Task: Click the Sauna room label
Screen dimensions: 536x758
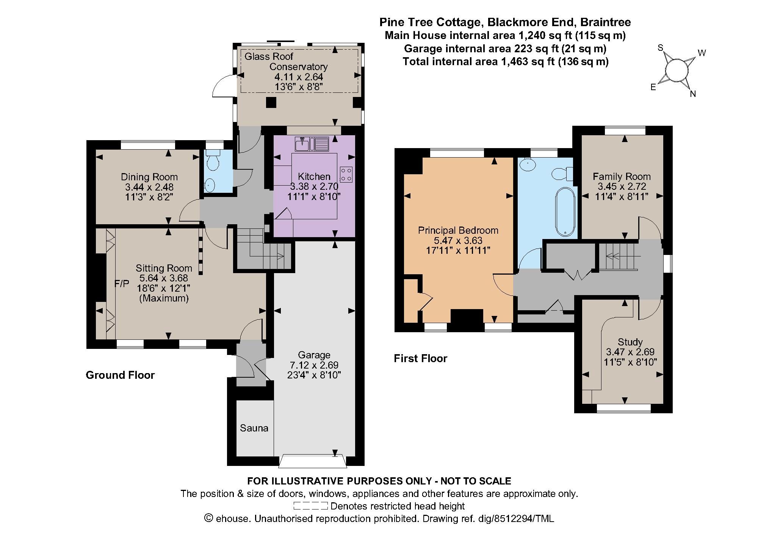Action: tap(254, 428)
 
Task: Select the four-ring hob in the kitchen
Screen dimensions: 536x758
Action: tap(346, 175)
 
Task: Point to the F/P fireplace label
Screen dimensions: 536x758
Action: tap(122, 283)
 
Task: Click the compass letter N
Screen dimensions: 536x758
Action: tap(693, 94)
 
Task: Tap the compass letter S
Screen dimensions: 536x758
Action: tap(661, 48)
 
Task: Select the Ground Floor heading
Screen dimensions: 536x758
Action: tap(120, 375)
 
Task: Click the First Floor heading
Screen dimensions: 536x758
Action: tap(420, 358)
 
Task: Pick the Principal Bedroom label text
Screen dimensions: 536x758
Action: tap(458, 230)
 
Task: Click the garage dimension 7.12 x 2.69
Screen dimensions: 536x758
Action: tap(314, 365)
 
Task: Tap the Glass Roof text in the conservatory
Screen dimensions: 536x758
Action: tap(269, 57)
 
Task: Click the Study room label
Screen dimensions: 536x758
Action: tap(630, 342)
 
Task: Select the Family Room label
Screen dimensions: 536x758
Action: tap(622, 177)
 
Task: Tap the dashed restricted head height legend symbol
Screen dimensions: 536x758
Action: tap(310, 506)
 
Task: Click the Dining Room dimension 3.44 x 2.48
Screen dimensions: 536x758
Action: tap(149, 187)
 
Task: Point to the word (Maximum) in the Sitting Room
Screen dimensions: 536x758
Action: tap(164, 298)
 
